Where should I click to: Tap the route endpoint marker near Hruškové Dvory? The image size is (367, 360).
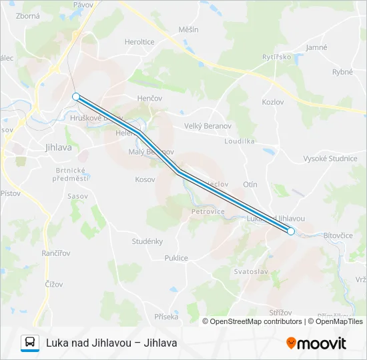(76, 97)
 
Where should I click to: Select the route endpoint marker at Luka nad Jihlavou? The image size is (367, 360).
(291, 231)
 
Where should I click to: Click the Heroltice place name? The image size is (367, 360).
(139, 41)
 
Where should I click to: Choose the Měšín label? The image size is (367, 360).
(189, 30)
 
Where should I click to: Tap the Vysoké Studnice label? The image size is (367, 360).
(330, 158)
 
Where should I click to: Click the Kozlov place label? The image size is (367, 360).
(273, 101)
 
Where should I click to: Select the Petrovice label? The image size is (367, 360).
(208, 211)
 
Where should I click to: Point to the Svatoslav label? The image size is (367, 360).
(250, 271)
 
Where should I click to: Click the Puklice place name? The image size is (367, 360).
(176, 258)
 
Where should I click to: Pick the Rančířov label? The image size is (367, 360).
(56, 253)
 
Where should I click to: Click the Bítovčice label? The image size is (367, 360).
(338, 236)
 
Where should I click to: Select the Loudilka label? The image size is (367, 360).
(240, 141)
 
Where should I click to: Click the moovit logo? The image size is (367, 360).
(316, 343)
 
